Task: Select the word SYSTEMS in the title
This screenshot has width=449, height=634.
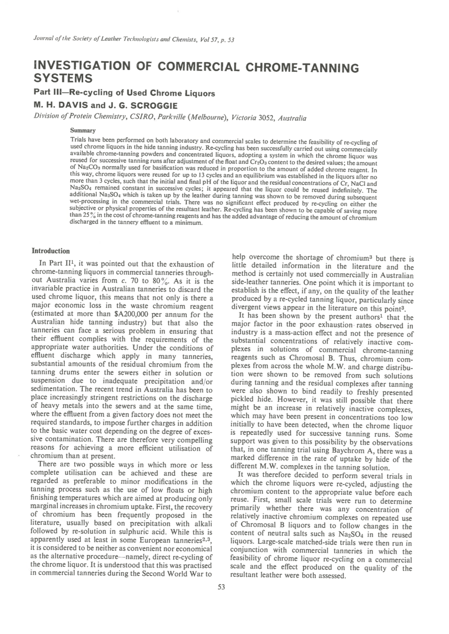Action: [63, 78]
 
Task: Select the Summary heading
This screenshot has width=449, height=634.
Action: [83, 130]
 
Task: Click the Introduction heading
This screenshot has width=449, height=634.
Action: [50, 251]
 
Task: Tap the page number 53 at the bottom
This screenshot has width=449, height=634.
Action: [221, 587]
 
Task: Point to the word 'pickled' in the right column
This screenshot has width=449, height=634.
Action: [244, 400]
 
